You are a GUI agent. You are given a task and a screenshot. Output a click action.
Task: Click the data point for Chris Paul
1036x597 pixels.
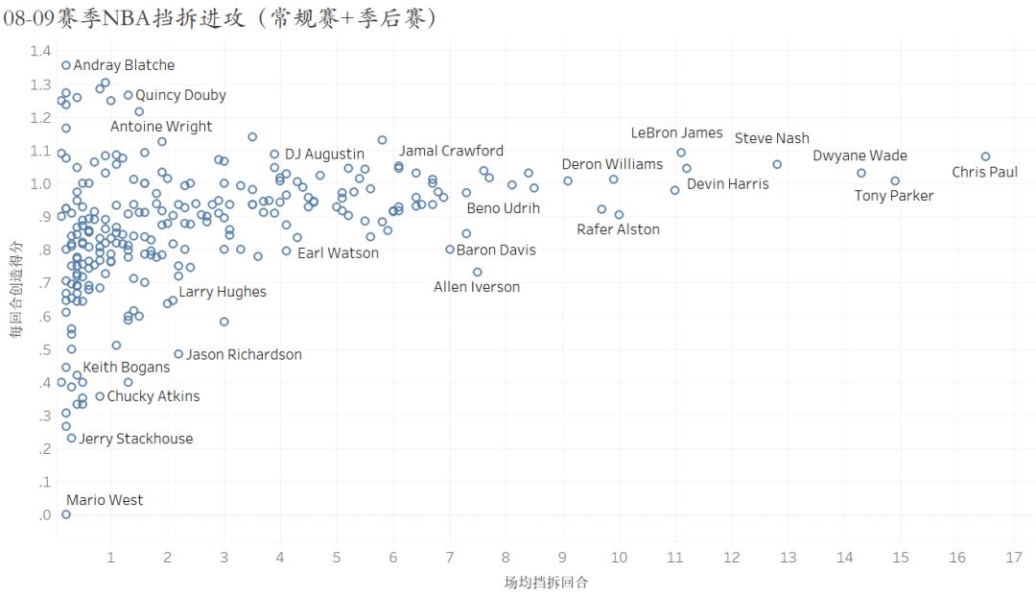(985, 156)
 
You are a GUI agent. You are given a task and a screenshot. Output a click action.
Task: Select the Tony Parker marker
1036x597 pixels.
(895, 180)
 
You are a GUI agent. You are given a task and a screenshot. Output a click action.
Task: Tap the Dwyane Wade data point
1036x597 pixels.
(861, 173)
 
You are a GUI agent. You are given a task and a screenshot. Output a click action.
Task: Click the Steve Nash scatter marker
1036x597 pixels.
(777, 164)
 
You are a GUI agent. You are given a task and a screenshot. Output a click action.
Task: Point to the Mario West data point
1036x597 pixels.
(66, 514)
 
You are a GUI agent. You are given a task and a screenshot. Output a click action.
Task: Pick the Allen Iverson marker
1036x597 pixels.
(477, 272)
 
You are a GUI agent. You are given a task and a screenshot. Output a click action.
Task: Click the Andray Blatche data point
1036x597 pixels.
(66, 65)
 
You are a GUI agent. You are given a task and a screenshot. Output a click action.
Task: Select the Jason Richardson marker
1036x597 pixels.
(178, 354)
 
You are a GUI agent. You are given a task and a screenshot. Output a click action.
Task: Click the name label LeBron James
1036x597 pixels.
(676, 133)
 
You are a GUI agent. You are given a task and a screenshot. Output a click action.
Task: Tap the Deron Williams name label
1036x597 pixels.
(612, 164)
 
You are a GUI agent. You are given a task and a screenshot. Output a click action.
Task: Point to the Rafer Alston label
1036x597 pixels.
(618, 229)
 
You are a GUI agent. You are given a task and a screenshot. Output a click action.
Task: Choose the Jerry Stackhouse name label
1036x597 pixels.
(135, 439)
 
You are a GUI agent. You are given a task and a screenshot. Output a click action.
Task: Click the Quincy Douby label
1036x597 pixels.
(180, 95)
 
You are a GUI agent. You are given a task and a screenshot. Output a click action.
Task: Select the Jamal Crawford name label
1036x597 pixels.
(451, 151)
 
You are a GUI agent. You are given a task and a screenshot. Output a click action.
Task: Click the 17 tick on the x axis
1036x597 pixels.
(1014, 559)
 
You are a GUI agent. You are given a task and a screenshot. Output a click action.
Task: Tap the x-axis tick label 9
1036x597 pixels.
(562, 559)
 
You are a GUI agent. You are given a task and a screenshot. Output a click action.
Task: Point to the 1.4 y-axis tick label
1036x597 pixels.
(40, 52)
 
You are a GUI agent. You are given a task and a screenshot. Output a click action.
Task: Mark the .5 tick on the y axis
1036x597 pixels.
(43, 350)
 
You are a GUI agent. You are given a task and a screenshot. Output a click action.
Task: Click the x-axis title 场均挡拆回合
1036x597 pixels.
(546, 583)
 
